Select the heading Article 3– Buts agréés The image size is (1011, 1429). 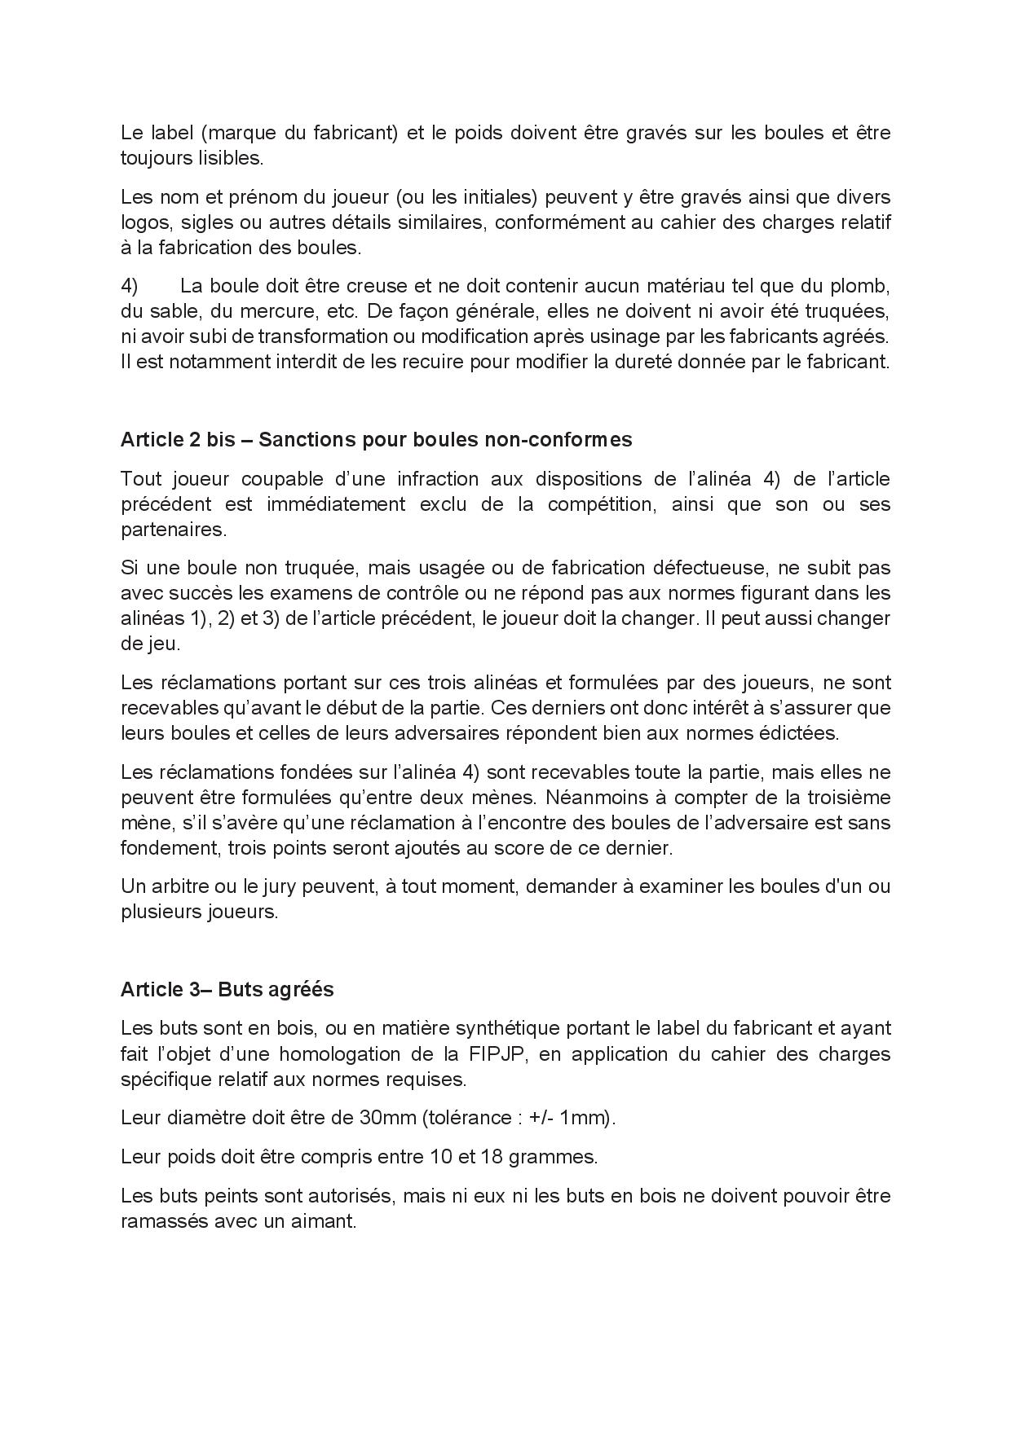coord(227,989)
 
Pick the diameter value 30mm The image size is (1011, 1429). coord(387,1118)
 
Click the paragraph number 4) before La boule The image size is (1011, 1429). coord(130,286)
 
